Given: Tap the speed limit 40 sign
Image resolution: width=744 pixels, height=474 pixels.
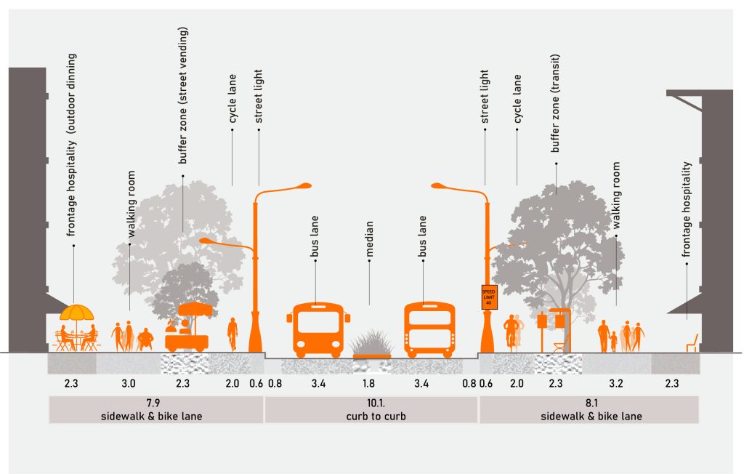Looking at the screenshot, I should pos(488,299).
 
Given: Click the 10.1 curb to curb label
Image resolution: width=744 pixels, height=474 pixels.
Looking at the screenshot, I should pos(371,409).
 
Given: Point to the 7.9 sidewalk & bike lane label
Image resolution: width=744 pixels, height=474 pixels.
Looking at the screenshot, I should pos(155,409).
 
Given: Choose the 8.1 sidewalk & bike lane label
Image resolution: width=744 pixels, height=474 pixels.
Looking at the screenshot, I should pos(589,409).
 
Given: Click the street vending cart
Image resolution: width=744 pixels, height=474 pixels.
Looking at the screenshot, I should pos(188,331).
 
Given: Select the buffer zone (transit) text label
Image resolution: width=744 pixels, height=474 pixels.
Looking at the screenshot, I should pos(556,103).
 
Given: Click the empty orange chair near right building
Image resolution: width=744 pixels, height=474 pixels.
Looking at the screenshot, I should pos(692,342).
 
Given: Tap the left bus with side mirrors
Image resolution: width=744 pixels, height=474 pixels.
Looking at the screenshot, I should pos(318,329).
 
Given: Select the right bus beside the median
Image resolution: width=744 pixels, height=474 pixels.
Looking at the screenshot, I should pos(429,329).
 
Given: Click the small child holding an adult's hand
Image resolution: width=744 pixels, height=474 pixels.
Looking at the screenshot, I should pos(614,341).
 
